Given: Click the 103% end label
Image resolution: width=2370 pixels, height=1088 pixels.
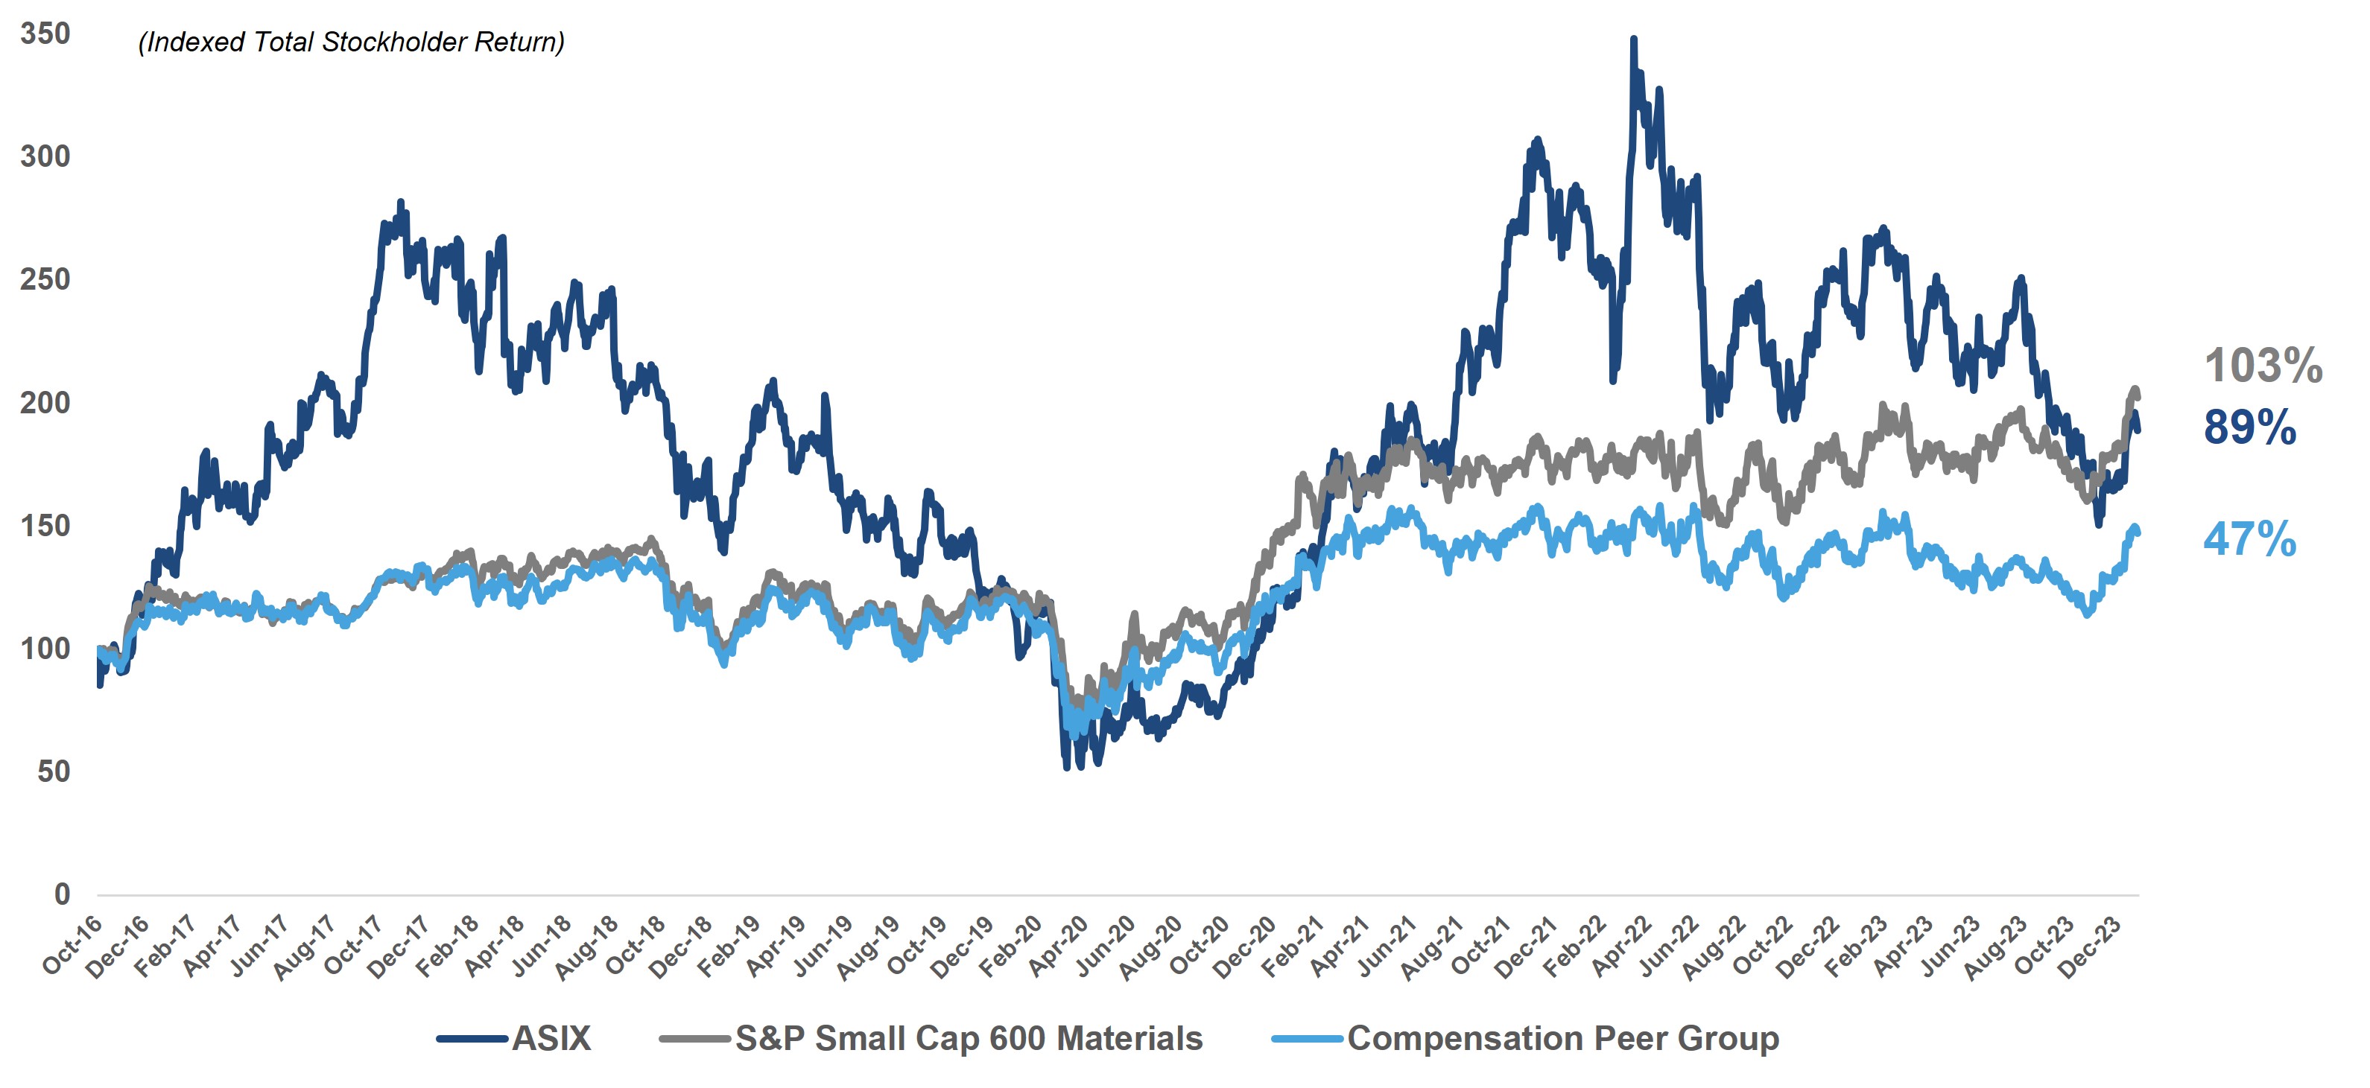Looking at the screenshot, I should coord(2263,366).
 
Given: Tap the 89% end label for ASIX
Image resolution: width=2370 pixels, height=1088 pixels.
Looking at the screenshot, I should coord(2249,427).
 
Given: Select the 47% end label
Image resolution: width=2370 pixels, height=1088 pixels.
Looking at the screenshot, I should coord(2249,539).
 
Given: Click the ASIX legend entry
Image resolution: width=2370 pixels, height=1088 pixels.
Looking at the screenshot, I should coord(550,1038).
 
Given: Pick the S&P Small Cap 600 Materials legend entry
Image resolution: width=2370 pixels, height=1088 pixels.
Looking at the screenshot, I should coord(968,1038).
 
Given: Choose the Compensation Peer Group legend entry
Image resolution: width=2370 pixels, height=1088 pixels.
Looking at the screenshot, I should coord(1562,1038).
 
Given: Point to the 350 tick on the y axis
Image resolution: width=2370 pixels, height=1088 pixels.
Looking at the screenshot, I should coord(45,34).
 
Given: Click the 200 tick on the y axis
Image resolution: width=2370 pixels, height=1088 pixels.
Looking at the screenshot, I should coord(45,403).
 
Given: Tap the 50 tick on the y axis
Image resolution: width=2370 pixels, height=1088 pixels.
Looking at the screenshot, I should coord(54,772).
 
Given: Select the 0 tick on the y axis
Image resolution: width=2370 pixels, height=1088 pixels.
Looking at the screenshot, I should coord(62,894).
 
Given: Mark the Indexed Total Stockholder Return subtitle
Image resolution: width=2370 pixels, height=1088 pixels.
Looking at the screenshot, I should coord(350,42).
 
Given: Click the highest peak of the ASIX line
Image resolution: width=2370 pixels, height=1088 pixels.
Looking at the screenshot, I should coord(1633,39).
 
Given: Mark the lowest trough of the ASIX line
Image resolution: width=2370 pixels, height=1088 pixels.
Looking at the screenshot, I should coord(1067,766).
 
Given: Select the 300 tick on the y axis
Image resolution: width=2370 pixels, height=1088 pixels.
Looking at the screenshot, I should coord(45,157).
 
